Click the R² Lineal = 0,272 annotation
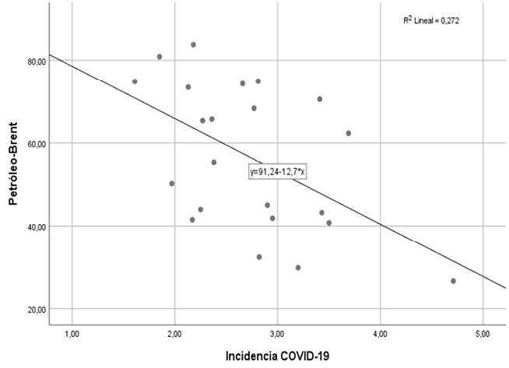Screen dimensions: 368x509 [x=431, y=21]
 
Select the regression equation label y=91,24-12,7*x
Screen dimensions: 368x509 [x=279, y=172]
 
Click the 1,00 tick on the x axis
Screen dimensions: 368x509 [x=72, y=335]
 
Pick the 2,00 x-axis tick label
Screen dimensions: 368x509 [x=175, y=335]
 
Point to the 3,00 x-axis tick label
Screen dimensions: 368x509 [x=278, y=335]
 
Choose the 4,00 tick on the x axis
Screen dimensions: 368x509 [x=381, y=335]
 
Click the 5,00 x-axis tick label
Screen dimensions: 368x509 [x=483, y=335]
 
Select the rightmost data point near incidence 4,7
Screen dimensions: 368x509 [x=453, y=281]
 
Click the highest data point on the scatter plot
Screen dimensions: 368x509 [x=193, y=44]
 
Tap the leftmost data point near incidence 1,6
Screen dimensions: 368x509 [x=135, y=82]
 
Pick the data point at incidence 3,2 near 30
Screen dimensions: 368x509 [x=298, y=268]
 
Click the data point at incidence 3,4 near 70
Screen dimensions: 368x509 [x=320, y=99]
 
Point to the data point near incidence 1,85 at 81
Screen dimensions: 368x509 [x=160, y=57]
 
